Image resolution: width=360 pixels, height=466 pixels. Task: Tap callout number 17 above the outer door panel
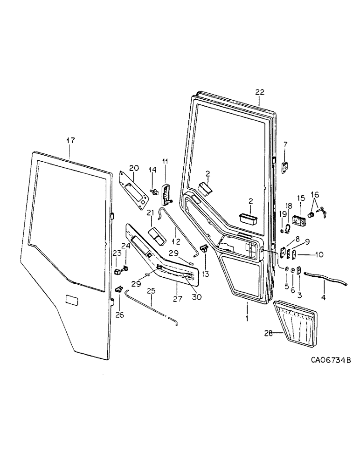point(70,140)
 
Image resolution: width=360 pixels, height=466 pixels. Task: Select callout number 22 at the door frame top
point(260,93)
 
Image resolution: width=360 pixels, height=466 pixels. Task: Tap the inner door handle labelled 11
point(166,195)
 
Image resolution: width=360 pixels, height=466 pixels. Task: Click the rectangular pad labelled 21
point(156,237)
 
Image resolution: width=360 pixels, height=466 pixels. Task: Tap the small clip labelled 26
point(119,290)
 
